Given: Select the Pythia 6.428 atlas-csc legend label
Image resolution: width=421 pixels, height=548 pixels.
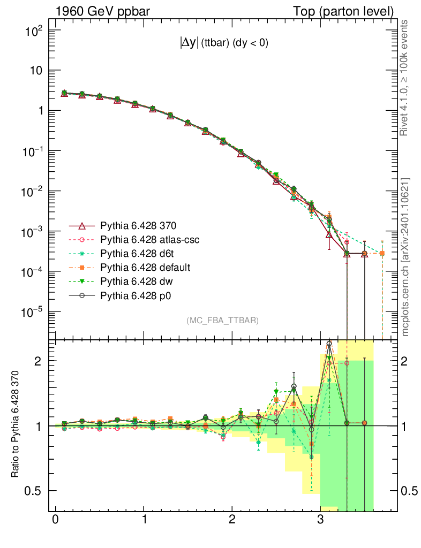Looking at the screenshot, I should (150, 240).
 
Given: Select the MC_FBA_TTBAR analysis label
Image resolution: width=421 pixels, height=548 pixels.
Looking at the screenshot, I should (223, 321).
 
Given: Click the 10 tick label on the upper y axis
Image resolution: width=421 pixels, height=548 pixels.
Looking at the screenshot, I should (36, 71).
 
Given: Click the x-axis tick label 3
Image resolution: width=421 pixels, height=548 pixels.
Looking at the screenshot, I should (320, 521).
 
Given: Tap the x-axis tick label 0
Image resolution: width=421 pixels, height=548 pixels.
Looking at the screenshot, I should (55, 521).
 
